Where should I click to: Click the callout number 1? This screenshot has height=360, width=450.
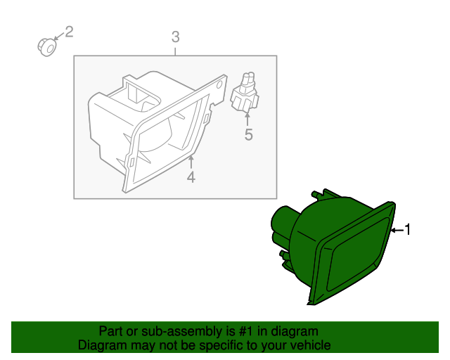(x=408, y=230)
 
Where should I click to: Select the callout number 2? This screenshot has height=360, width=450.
(x=69, y=32)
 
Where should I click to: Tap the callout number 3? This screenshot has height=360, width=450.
(x=176, y=37)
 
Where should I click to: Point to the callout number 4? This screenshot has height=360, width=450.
(x=191, y=177)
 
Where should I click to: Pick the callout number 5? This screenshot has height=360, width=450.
(x=248, y=134)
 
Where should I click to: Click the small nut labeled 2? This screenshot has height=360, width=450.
(x=47, y=47)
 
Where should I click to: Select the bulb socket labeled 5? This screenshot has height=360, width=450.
(x=245, y=92)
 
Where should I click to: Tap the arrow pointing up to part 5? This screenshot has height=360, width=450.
(x=247, y=120)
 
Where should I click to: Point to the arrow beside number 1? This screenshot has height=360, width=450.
(x=397, y=230)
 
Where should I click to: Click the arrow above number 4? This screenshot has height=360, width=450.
(x=191, y=162)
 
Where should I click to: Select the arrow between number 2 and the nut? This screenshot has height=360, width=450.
(x=59, y=36)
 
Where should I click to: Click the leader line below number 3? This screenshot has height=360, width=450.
(x=175, y=51)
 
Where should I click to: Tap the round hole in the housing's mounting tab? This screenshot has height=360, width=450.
(x=220, y=85)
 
